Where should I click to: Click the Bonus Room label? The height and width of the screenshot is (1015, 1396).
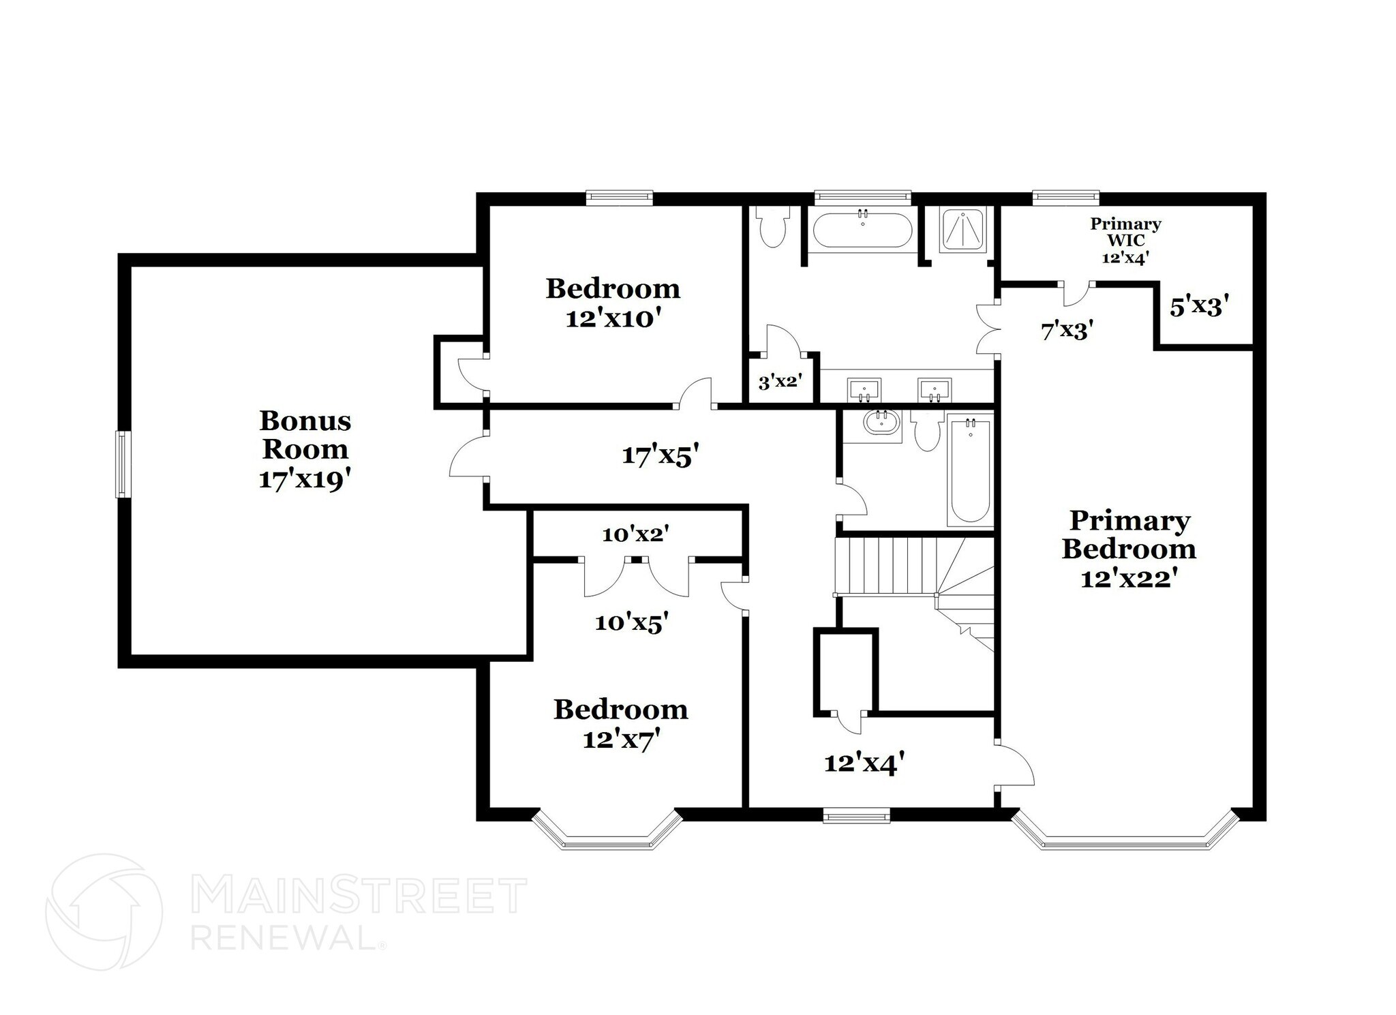click(305, 435)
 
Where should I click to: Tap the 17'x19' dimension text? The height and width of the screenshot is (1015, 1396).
click(305, 479)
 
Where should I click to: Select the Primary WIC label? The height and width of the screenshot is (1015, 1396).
click(1125, 232)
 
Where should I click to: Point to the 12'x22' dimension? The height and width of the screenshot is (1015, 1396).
click(1129, 579)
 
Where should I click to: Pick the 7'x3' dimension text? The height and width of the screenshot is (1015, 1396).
click(1067, 331)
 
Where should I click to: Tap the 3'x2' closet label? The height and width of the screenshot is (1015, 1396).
click(778, 382)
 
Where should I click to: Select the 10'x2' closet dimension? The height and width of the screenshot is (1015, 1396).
click(635, 535)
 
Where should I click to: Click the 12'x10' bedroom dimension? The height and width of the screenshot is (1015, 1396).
click(614, 318)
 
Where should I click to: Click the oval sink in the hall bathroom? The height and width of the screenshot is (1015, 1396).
click(881, 423)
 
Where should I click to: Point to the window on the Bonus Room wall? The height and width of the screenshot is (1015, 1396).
click(123, 464)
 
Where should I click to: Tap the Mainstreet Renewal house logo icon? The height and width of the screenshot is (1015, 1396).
click(104, 912)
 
